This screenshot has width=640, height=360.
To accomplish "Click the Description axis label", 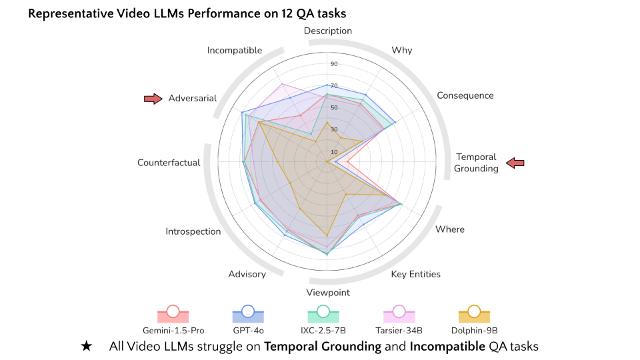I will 327,31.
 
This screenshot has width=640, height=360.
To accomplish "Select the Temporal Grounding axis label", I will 477,163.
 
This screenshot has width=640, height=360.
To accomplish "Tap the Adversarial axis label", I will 193,98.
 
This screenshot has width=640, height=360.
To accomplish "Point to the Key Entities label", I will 415,274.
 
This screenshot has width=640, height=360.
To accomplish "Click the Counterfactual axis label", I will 169,163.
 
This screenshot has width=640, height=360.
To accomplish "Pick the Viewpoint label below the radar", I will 327,292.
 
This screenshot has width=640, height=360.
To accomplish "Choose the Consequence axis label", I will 465,95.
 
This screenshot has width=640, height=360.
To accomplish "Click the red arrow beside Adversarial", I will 153,99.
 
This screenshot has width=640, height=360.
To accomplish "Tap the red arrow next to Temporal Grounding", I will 515,163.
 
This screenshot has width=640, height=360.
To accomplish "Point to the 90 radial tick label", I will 334,64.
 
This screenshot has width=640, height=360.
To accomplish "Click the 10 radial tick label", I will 334,151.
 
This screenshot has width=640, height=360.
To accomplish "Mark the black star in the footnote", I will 86,347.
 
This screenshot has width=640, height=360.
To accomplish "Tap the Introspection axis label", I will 193,231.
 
